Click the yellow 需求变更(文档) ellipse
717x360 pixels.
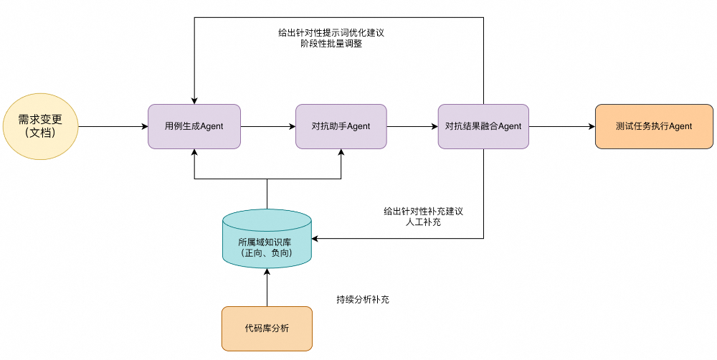tap(40, 127)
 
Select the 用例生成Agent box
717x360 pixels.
tap(194, 127)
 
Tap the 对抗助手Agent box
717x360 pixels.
tap(341, 127)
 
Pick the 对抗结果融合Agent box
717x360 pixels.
tap(483, 127)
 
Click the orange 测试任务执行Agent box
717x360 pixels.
tap(654, 127)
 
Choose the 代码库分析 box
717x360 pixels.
tap(267, 328)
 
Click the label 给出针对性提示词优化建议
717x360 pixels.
tap(331, 33)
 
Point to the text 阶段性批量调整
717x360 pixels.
tap(331, 44)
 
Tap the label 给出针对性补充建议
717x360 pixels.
tap(423, 212)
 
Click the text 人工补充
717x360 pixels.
tap(423, 223)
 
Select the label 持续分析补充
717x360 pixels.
tap(363, 299)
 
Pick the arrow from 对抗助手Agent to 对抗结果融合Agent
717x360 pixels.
tap(412, 127)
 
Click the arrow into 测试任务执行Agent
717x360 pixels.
tap(562, 127)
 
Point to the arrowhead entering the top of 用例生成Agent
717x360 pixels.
tap(194, 100)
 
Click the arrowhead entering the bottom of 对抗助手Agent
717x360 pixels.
tap(341, 153)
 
